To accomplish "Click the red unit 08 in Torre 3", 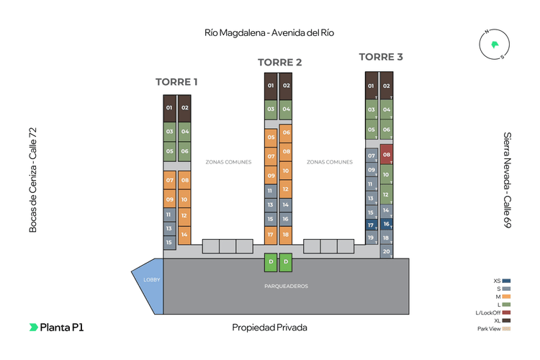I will (387, 154).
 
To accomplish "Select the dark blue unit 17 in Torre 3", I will (372, 225).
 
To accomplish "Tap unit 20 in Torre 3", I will (387, 251).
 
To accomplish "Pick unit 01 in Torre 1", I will (169, 108).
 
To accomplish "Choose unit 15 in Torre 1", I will (169, 243).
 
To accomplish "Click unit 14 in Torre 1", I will (184, 234).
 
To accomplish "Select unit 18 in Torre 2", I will (286, 234).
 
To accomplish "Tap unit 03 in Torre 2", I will (271, 109).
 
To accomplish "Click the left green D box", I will (271, 261).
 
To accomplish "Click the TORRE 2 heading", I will (279, 62).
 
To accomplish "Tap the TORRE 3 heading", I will (381, 57).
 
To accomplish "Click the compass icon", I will (494, 45).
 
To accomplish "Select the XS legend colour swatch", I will (507, 281).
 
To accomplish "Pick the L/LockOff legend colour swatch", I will (507, 312).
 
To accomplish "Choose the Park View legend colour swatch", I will (507, 329).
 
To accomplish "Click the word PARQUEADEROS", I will (286, 286).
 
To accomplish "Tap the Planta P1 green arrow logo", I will (33, 327).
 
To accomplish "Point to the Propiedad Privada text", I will (269, 328).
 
